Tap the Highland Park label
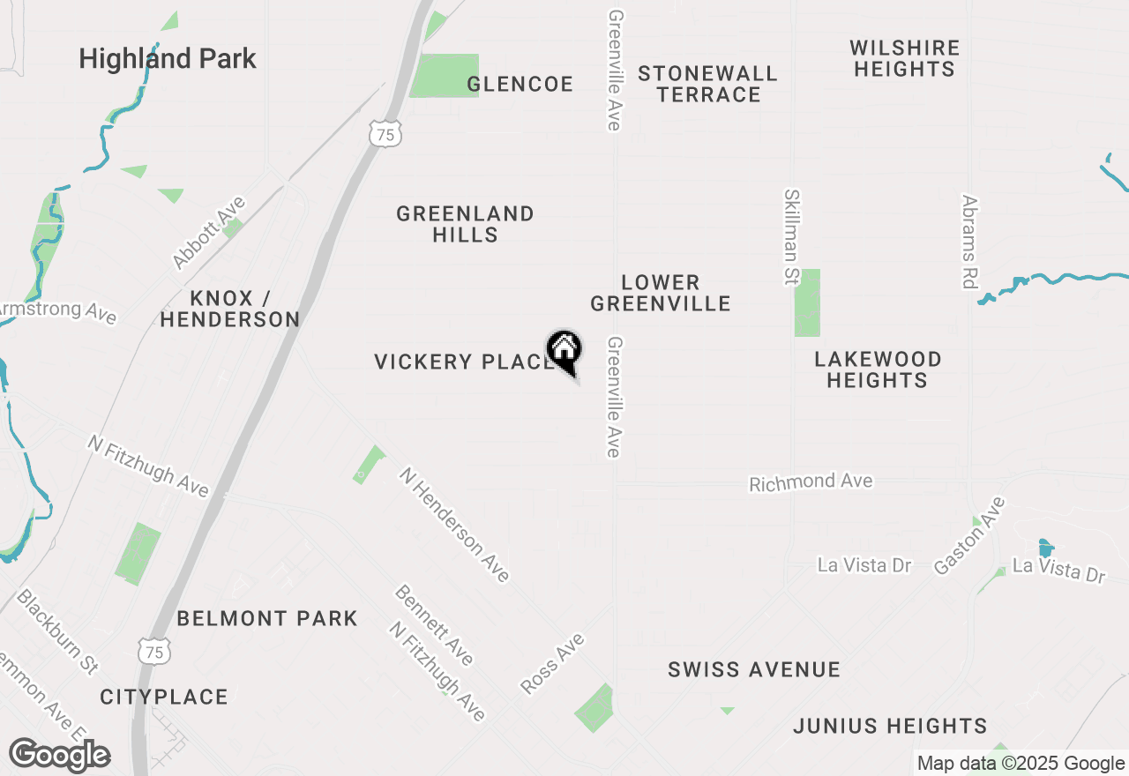(168, 59)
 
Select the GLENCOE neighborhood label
(520, 84)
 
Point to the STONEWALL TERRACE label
(708, 84)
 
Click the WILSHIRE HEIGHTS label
(904, 58)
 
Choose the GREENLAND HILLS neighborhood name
(465, 224)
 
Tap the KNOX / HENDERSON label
(230, 309)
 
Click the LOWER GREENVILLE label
(661, 293)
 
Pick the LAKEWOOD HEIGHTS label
(877, 369)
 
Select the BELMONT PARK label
(267, 618)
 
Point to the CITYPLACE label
(164, 697)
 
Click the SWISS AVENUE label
(754, 669)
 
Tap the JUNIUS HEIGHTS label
(889, 726)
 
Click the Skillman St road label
(791, 237)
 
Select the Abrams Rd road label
(970, 242)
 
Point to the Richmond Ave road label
(811, 481)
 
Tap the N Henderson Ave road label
(454, 525)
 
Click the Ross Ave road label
(553, 663)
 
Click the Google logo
(60, 756)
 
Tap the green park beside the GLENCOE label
(444, 75)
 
